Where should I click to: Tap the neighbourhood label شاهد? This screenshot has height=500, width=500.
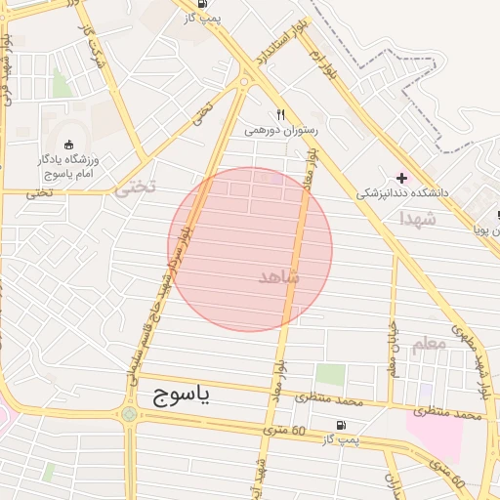(279, 277)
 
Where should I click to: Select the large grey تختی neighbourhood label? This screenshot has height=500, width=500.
(135, 187)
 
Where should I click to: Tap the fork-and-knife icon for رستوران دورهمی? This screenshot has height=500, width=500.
(280, 113)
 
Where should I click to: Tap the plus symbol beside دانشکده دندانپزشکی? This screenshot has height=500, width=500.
(401, 177)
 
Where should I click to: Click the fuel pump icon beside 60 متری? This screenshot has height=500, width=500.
(340, 425)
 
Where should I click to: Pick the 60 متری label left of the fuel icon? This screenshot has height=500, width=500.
(286, 430)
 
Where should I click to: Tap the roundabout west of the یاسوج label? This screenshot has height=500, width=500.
(129, 414)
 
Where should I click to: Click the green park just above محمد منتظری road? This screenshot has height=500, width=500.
(331, 373)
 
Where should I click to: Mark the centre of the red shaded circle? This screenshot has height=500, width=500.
(250, 249)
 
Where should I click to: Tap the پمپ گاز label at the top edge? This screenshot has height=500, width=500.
(230, 18)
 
